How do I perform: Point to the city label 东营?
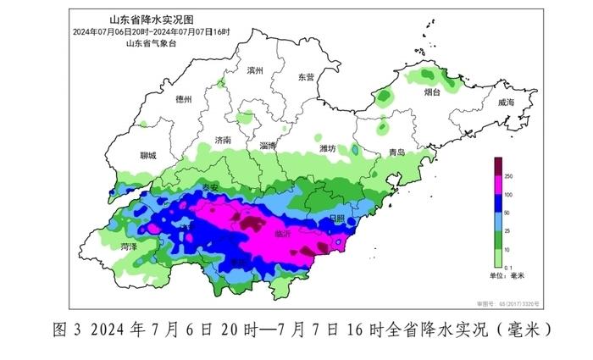coord(306,77)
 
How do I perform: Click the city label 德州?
coord(183,99)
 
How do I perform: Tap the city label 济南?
coord(224,140)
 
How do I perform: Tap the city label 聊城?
coord(147,156)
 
